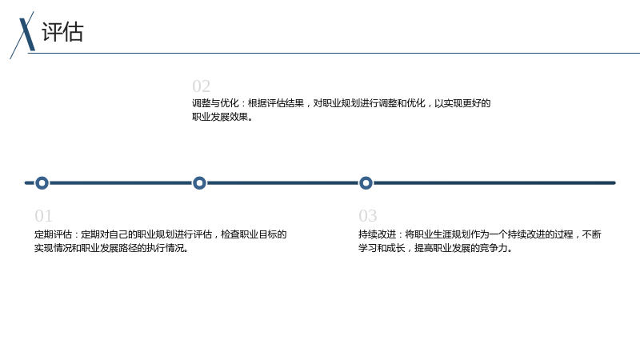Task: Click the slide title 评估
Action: pyautogui.click(x=62, y=32)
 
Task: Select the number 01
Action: pyautogui.click(x=44, y=216)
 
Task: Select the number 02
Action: pyautogui.click(x=202, y=86)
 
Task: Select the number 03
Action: pyautogui.click(x=368, y=216)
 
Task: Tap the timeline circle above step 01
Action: pyautogui.click(x=42, y=177)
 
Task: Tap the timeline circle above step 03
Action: pyautogui.click(x=366, y=177)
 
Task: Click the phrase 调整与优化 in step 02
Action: pyautogui.click(x=215, y=103)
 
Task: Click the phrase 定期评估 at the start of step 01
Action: pyautogui.click(x=53, y=234)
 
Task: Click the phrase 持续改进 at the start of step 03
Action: pyautogui.click(x=377, y=234)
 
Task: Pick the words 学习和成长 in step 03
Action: pyautogui.click(x=382, y=248)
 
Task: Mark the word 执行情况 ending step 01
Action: pyautogui.click(x=166, y=248)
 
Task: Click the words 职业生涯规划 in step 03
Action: pyautogui.click(x=442, y=234)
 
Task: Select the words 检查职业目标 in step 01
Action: pyautogui.click(x=249, y=234)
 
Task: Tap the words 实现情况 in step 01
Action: pyautogui.click(x=53, y=248)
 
